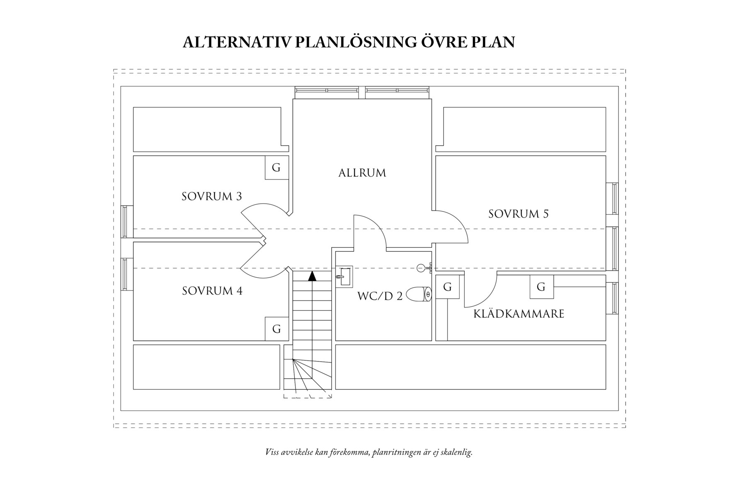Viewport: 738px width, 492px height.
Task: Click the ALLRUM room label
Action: coord(362,173)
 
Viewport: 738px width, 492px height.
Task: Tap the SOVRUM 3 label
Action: coord(211,196)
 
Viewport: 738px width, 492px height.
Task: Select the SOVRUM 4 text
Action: coord(212,291)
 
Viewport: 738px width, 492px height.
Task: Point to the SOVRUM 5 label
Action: coord(518,214)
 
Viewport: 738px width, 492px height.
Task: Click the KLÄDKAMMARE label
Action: coord(519,314)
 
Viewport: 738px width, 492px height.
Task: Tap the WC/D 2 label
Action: coord(380,296)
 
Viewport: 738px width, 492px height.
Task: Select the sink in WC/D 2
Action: coord(344,276)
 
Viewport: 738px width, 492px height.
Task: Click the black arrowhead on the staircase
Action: coord(312,276)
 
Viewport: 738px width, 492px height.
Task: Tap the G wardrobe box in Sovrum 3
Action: coord(277,168)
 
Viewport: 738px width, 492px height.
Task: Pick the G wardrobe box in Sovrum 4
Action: coord(277,329)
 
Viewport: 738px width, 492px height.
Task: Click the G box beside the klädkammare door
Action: coord(447,287)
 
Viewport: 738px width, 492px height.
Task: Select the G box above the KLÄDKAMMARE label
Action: coord(541,287)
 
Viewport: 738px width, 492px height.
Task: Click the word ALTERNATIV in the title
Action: coord(237,42)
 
